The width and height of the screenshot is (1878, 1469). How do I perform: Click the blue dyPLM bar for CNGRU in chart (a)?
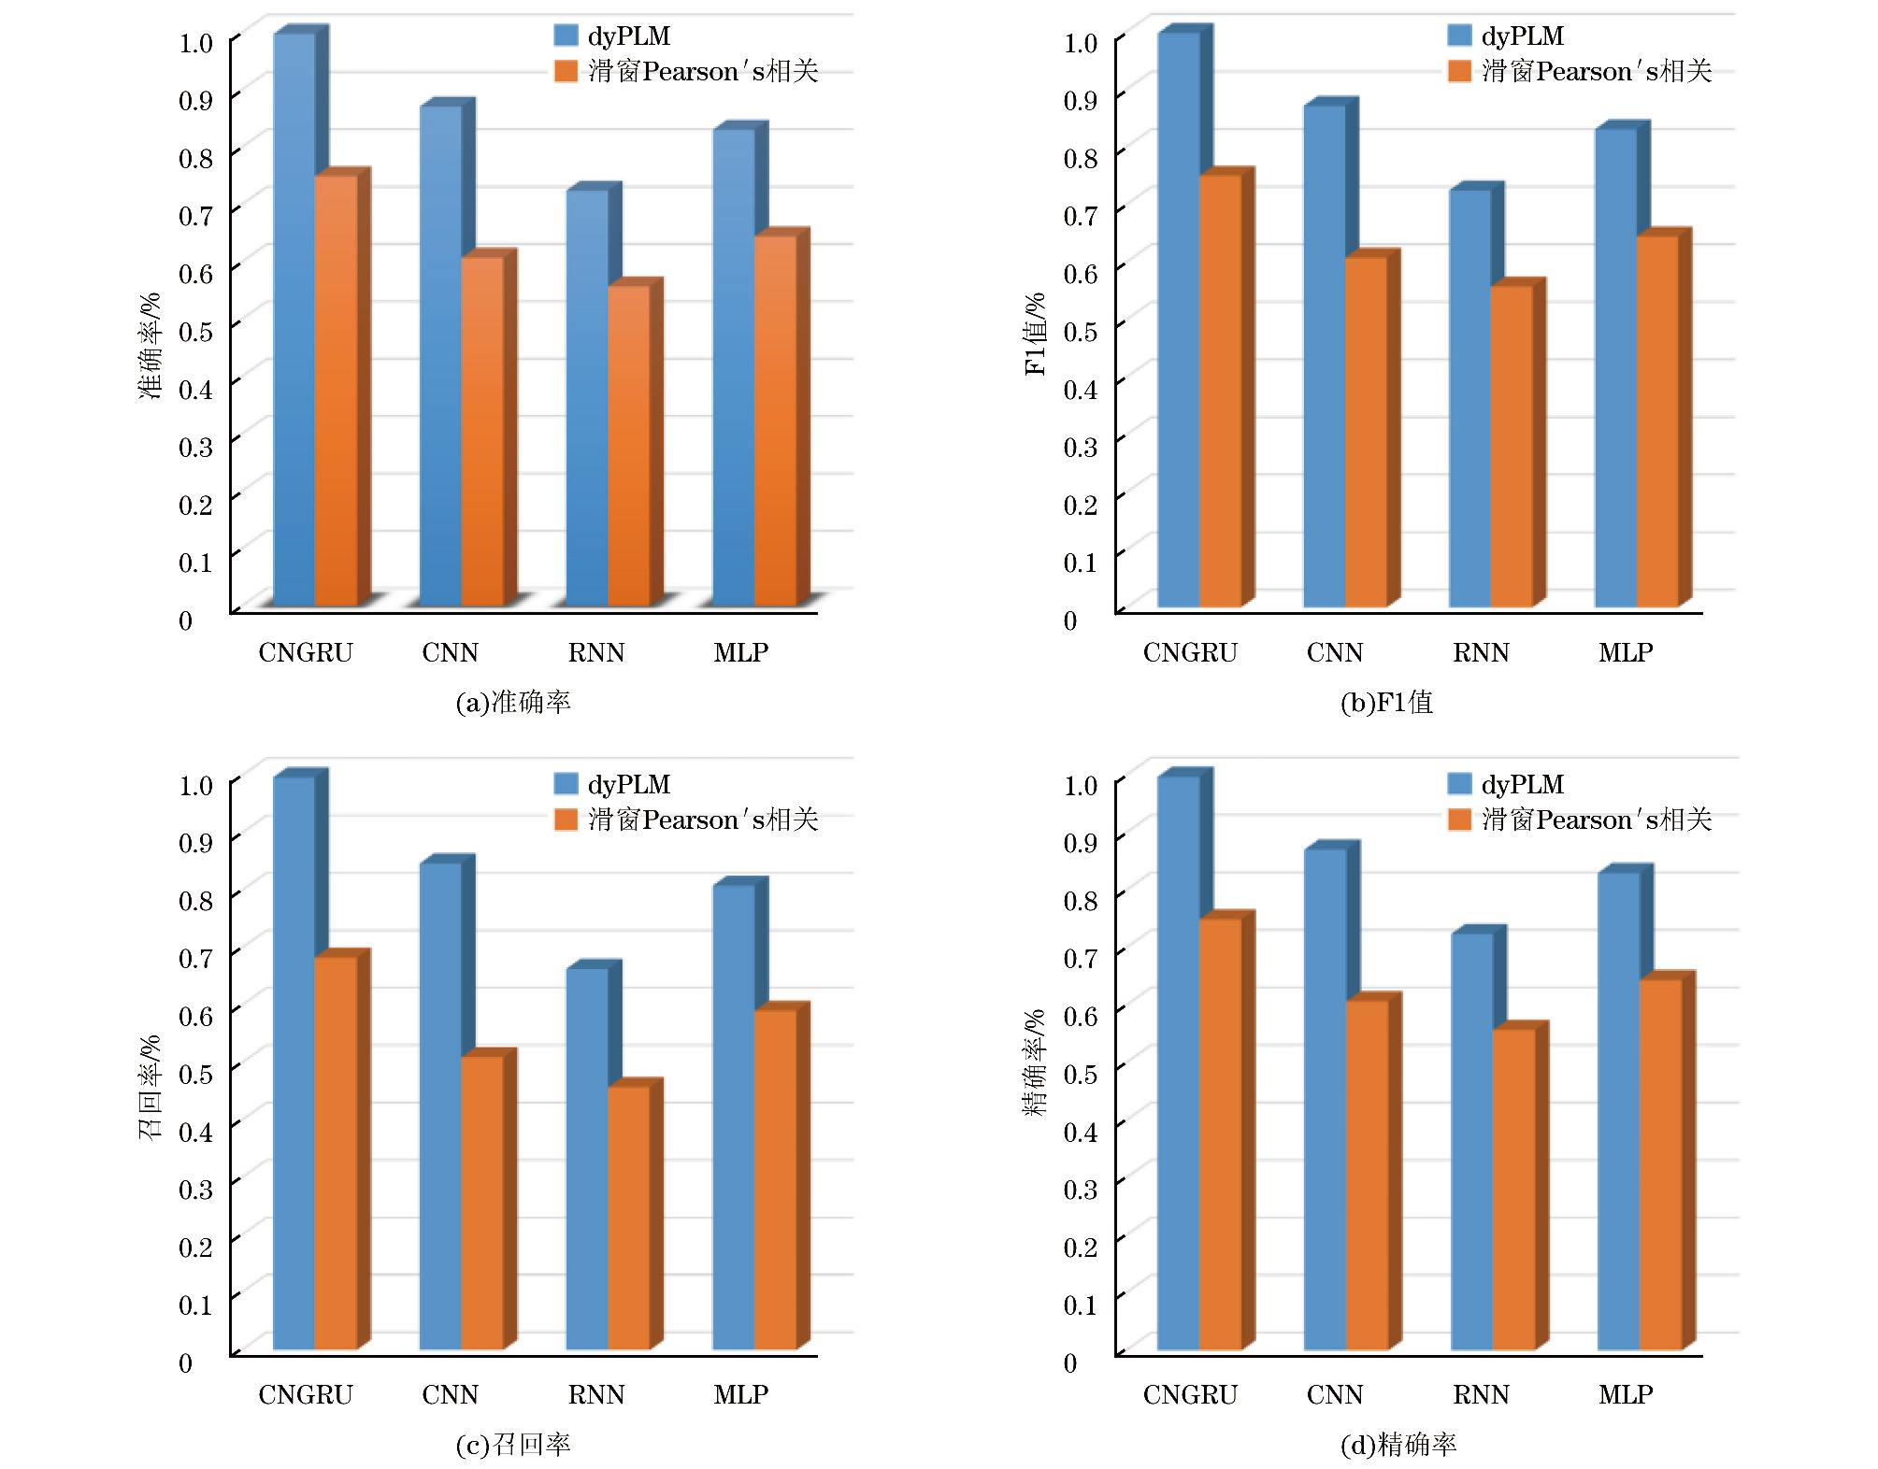click(x=294, y=318)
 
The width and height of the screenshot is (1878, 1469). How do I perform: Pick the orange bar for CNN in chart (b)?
click(x=1366, y=430)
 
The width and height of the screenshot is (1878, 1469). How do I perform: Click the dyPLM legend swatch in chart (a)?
click(x=566, y=36)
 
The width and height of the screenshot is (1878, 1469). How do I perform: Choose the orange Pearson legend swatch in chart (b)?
click(x=1459, y=71)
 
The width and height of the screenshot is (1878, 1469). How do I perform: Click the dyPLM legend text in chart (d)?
click(x=1522, y=784)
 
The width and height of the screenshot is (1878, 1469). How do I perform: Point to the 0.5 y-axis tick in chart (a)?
click(x=195, y=331)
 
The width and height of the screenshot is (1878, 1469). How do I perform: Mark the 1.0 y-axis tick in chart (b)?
click(x=1080, y=43)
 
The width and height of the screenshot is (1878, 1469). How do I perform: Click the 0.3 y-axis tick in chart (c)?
click(x=195, y=1189)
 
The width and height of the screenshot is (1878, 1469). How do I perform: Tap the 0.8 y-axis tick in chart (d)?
click(x=1080, y=900)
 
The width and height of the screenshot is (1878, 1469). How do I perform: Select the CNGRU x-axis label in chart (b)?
click(x=1189, y=652)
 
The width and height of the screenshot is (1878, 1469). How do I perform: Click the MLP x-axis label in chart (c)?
click(x=740, y=1394)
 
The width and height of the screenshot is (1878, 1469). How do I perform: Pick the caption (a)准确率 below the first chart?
click(x=512, y=702)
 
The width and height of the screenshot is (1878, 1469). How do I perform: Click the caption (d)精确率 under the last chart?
click(x=1398, y=1445)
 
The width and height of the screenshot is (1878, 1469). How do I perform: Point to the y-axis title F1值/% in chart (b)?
click(x=1034, y=334)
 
